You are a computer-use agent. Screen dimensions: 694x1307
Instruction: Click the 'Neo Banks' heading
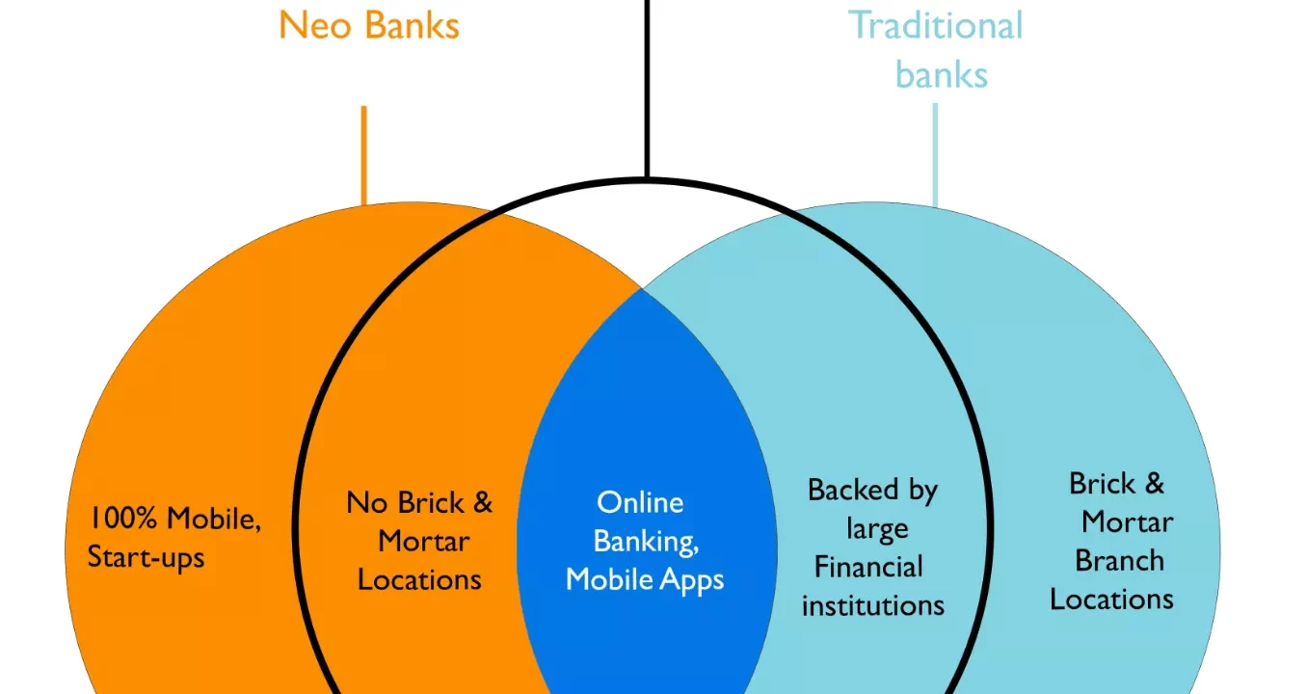coord(369,25)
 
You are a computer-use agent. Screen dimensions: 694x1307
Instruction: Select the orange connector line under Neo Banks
coord(363,154)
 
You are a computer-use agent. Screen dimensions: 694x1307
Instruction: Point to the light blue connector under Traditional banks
coord(934,154)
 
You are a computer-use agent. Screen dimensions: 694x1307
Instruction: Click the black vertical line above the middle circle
coord(647,87)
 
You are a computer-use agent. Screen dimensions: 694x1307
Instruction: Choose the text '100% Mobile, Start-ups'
coord(173,538)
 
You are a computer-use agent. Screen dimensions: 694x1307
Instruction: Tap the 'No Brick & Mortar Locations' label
coord(419,541)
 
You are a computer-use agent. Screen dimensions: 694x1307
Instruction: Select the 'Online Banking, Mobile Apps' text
coord(645,541)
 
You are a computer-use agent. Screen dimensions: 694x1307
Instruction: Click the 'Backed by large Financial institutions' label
coord(872,547)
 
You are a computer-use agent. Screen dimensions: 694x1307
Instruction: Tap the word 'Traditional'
coord(936,25)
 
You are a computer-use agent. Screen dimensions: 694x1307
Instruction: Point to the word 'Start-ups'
coord(147,558)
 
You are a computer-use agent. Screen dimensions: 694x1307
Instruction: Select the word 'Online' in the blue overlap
coord(640,502)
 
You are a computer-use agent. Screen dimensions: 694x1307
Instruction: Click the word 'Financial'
coord(868,567)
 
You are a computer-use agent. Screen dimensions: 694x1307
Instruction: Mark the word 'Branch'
coord(1119,560)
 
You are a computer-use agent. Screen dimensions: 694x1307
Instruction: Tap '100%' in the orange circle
coord(124,519)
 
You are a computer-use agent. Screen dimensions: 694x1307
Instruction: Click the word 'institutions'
coord(873,605)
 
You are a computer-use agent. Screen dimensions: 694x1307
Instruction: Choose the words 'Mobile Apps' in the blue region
coord(645,579)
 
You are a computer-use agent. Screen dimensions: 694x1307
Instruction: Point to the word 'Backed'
coord(842,490)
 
